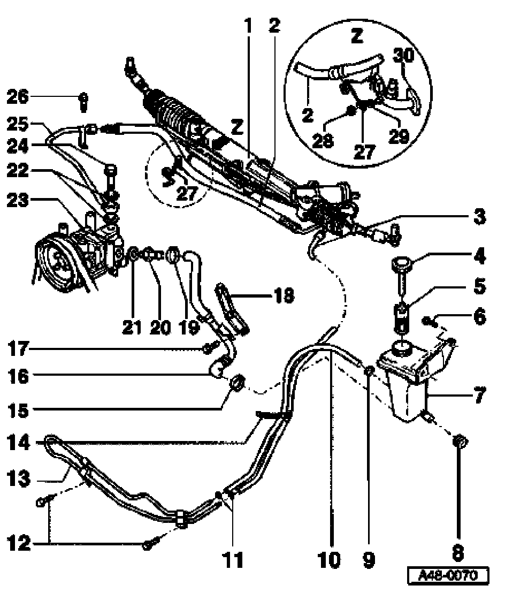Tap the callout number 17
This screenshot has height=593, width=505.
pyautogui.click(x=18, y=350)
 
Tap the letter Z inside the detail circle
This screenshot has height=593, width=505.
pyautogui.click(x=357, y=36)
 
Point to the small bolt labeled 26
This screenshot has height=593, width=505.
pyautogui.click(x=83, y=100)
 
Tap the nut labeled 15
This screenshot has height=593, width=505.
pyautogui.click(x=237, y=383)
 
